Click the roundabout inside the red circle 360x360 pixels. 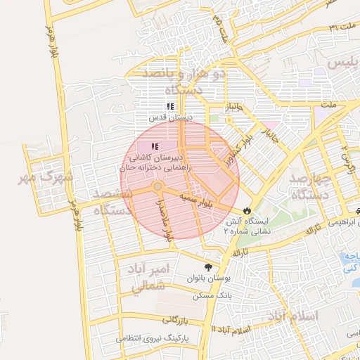[158, 186]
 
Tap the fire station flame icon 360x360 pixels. [247, 210]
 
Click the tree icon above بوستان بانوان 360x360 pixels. [208, 267]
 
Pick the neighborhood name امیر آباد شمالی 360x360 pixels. [148, 276]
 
